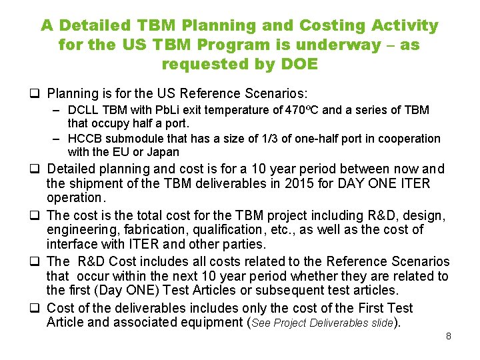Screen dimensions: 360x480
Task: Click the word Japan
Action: (163, 152)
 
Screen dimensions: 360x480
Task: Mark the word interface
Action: (73, 244)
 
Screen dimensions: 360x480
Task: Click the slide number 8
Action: (449, 336)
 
